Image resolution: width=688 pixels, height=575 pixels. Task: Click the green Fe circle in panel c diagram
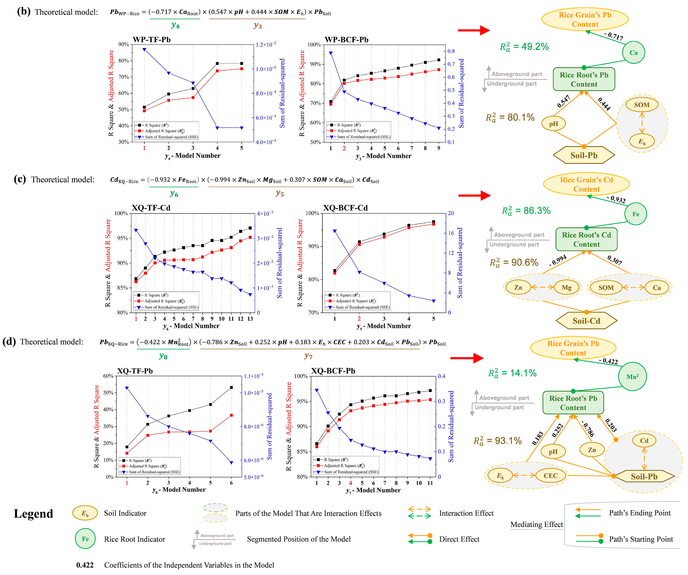[635, 214]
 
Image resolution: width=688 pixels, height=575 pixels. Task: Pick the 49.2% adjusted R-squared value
[524, 47]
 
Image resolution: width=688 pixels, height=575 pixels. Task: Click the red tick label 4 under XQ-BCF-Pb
[351, 483]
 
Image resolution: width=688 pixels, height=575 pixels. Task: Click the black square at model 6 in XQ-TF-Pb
[231, 387]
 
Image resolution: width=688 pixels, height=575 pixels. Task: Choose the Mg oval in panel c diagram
[566, 288]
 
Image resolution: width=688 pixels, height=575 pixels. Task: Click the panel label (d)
[9, 342]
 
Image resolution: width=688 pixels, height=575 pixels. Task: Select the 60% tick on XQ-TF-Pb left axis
[108, 376]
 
